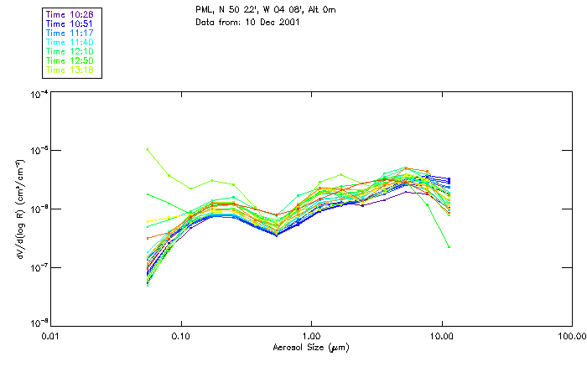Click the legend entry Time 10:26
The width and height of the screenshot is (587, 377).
[70, 15]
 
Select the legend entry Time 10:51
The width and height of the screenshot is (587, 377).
[70, 24]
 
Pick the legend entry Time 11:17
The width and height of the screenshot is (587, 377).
[70, 34]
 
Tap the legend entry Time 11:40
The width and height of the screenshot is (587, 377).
[70, 43]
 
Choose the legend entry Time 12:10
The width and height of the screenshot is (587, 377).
[70, 52]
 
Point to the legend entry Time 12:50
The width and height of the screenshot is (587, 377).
[70, 61]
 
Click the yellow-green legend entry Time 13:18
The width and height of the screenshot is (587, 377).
[70, 70]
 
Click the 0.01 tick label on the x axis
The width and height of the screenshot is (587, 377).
[51, 337]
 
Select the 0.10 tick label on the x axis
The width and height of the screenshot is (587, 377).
[181, 337]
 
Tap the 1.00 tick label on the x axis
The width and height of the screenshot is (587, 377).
[311, 337]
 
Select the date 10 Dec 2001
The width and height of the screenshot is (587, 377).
[272, 21]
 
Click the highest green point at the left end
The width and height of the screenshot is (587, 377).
[148, 150]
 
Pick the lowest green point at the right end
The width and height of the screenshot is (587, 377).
[449, 246]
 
